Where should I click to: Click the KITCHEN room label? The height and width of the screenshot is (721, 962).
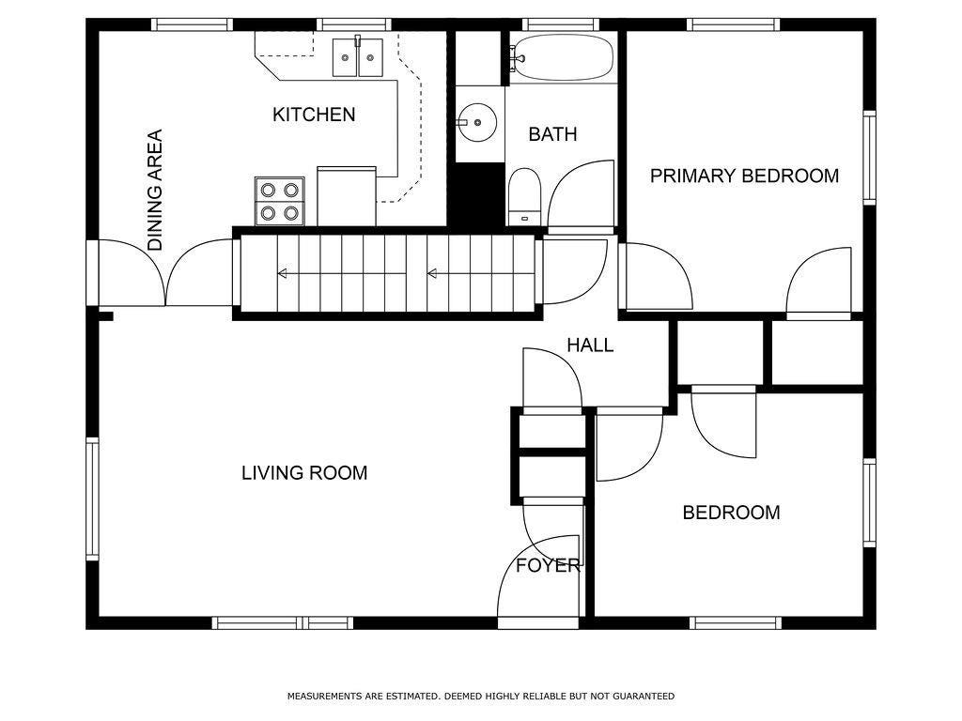coord(314,115)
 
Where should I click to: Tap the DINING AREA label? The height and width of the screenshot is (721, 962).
coord(155,190)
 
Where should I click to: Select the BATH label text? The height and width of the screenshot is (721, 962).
coord(552,134)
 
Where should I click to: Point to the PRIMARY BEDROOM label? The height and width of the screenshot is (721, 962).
coord(744,176)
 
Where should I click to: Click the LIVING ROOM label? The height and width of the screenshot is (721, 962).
coord(304,473)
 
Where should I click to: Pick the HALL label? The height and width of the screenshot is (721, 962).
coord(590,345)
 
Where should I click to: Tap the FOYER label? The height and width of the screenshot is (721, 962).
coord(548,565)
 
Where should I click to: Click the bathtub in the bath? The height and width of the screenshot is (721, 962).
coord(562,57)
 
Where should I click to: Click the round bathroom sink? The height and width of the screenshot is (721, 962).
coord(477,123)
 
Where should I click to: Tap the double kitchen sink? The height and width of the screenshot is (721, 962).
coord(358,56)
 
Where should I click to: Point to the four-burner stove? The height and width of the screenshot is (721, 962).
coord(280,201)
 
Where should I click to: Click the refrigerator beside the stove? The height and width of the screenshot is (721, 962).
coord(347,196)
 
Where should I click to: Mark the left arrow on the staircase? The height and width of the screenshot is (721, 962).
coord(341,273)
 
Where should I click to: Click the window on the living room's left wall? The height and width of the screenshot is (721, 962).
coord(93,499)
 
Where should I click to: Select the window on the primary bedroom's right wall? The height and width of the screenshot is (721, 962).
coord(869,158)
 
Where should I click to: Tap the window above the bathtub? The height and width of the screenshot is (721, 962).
coord(561,24)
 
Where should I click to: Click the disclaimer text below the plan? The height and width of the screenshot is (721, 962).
coord(481,697)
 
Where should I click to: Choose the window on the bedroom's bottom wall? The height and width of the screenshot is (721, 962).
coord(736,623)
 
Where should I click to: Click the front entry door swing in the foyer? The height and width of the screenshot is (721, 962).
coord(538,576)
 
